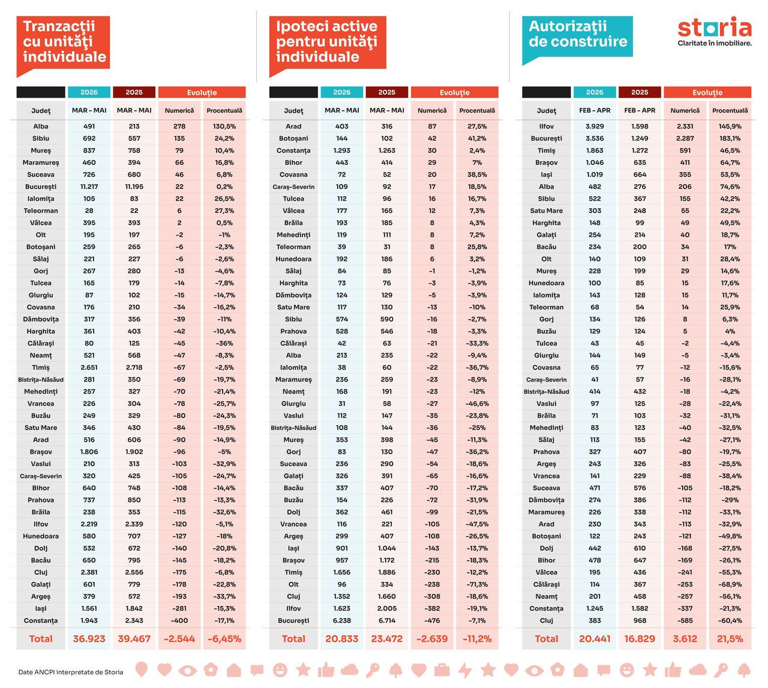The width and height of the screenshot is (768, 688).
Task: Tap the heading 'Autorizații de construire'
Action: [578, 34]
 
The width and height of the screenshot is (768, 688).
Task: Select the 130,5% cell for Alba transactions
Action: [224, 126]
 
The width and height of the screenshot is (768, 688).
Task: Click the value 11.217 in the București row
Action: [89, 187]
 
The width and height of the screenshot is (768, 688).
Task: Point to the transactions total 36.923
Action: [89, 639]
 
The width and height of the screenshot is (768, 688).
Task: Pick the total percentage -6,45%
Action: [224, 639]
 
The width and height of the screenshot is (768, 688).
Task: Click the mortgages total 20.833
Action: [341, 639]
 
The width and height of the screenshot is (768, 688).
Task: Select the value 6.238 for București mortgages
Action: [341, 621]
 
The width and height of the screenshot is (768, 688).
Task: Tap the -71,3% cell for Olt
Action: [477, 584]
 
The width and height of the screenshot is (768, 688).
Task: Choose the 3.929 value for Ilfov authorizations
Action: [595, 126]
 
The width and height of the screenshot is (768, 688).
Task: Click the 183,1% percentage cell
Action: [730, 139]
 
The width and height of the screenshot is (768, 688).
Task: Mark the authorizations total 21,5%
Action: [730, 639]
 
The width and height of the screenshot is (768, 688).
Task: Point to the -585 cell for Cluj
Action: [685, 621]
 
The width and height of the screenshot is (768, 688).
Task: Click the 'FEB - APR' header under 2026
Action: [595, 110]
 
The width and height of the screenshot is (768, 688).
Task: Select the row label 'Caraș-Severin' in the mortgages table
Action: [293, 187]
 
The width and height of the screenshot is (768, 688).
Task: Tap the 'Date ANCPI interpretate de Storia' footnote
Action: [71, 672]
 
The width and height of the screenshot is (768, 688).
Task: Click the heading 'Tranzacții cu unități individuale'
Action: [64, 41]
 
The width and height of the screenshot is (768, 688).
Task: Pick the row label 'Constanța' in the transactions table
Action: [41, 621]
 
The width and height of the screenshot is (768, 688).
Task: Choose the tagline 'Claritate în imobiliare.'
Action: [714, 43]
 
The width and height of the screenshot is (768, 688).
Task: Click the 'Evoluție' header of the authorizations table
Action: [707, 92]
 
